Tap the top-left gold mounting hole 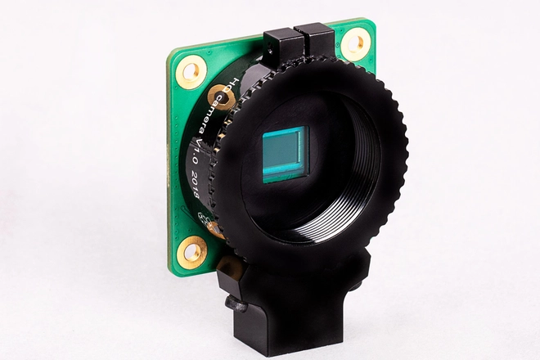pyautogui.click(x=191, y=72)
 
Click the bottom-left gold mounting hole pyautogui.click(x=192, y=251)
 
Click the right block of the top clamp pyautogui.click(x=316, y=41)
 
